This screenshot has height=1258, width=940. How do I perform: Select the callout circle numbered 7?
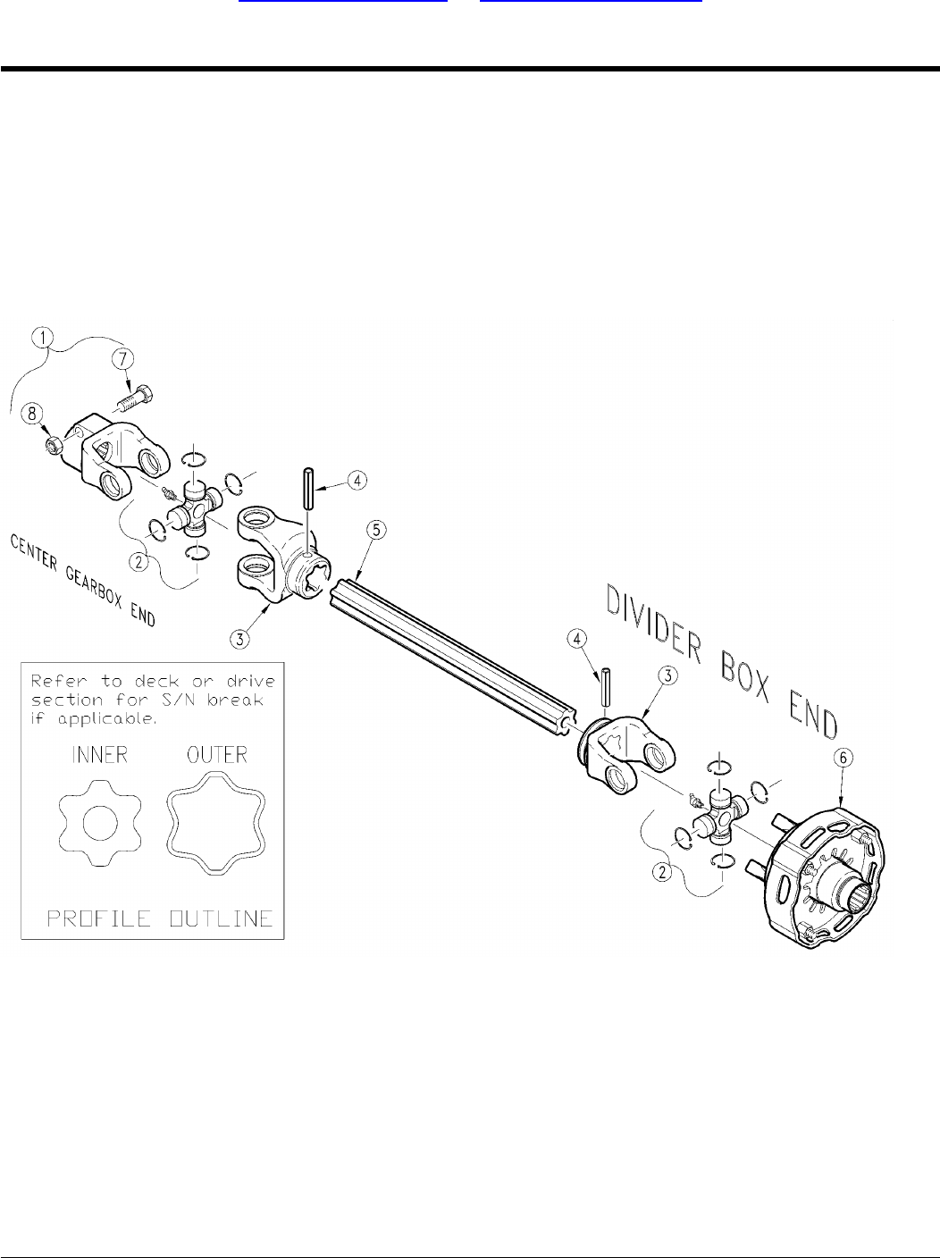click(x=122, y=358)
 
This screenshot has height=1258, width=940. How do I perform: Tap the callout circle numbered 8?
click(x=33, y=412)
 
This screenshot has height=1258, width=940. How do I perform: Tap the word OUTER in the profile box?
click(x=216, y=755)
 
